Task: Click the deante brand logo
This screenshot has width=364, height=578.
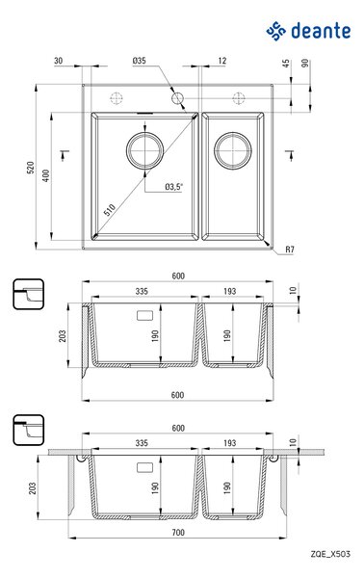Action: point(308,31)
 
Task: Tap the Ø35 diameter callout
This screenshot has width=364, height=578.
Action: point(140,61)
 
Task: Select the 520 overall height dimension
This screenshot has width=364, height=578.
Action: point(31,168)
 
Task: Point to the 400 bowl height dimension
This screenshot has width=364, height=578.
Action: point(45,176)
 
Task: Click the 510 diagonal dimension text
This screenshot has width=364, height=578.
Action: point(110,210)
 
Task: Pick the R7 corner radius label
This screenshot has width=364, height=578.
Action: point(290,250)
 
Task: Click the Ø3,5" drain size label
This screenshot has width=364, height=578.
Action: point(174,187)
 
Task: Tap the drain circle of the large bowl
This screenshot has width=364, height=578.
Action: point(144,150)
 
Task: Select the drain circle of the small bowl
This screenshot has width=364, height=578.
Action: point(233,150)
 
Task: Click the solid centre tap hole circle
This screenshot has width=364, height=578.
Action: point(177,98)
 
